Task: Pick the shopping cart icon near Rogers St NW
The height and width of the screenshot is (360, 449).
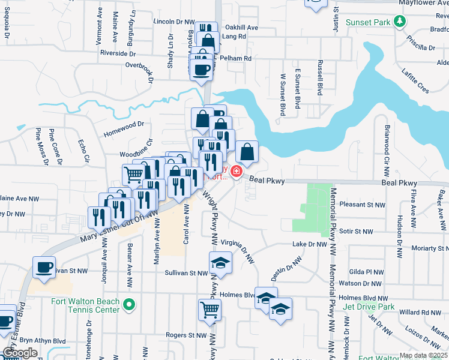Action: (x=210, y=308)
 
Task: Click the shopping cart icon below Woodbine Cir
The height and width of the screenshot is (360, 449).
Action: (x=133, y=174)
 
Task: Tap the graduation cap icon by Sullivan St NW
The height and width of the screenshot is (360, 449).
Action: (x=220, y=262)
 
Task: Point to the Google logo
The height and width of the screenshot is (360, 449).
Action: (x=20, y=352)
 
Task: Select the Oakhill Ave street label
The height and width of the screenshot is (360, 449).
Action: (x=241, y=28)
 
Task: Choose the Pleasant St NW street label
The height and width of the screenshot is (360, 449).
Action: (x=362, y=205)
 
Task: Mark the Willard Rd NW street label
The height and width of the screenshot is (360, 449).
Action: (x=421, y=312)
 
